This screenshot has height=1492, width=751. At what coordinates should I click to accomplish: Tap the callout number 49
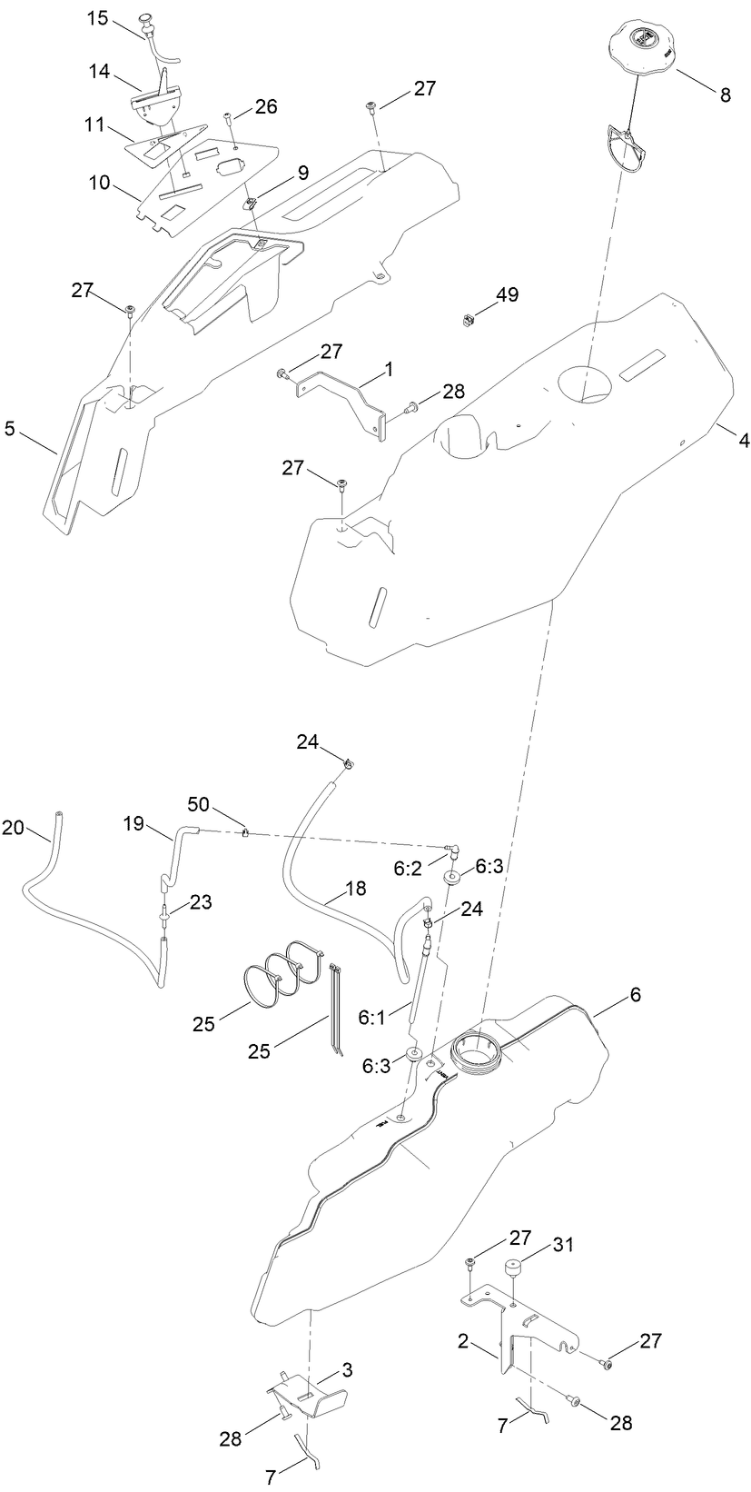click(507, 295)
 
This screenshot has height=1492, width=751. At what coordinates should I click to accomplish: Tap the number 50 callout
click(199, 803)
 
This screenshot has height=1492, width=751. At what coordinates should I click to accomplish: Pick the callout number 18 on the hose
click(356, 888)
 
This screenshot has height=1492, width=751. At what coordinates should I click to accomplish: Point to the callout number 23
click(201, 902)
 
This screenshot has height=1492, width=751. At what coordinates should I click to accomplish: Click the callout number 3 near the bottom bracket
click(348, 1368)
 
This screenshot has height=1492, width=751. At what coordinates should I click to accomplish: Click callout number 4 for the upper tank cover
click(743, 440)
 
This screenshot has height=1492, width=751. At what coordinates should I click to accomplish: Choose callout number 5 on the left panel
click(10, 428)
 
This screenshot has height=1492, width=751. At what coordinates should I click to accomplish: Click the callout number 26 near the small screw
click(265, 106)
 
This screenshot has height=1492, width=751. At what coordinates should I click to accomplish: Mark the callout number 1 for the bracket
click(389, 370)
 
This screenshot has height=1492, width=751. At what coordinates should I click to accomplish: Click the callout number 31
click(564, 1245)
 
